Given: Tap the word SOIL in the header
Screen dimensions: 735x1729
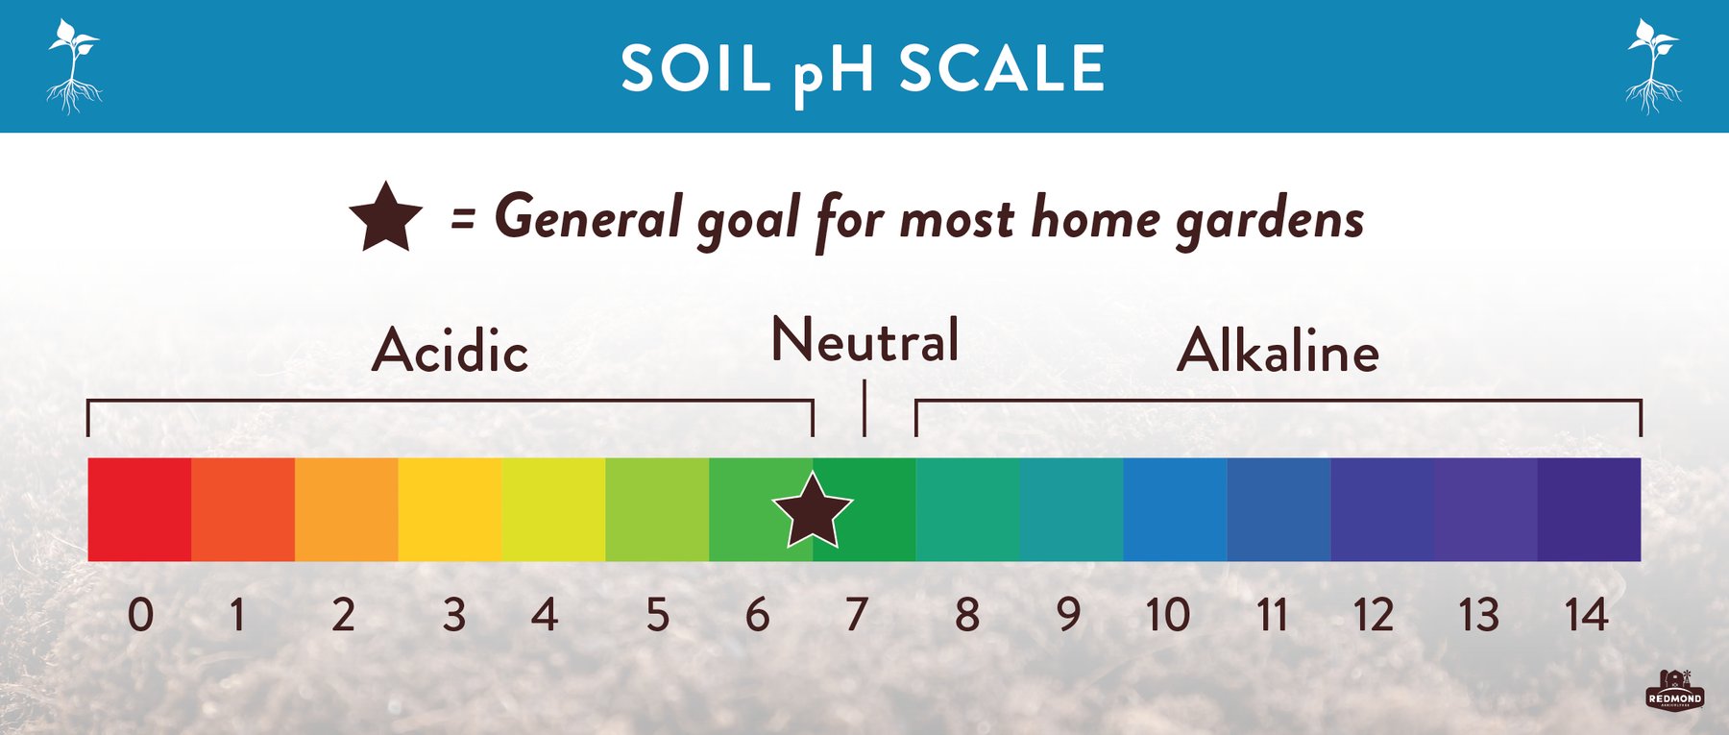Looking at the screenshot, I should coord(695,69).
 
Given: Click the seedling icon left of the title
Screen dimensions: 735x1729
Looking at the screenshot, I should coord(73,65).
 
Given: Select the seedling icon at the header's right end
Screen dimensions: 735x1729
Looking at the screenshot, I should coord(1653,65).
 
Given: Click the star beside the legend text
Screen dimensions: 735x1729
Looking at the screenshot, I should coord(385,218).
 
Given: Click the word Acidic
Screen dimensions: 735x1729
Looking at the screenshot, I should coord(450,351).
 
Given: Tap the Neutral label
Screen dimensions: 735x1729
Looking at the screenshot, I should coord(864,340).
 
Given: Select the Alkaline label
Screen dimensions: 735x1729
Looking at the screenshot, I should coord(1278,351).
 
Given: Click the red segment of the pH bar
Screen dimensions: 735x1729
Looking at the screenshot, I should coord(139,509).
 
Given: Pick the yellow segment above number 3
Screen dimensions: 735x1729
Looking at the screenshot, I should coord(450,509).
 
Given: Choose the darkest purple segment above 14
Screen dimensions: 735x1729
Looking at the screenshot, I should coord(1589,509).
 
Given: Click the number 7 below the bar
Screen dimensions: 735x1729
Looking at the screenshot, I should coord(857,615).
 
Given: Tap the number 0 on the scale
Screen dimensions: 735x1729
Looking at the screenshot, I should coord(140,615).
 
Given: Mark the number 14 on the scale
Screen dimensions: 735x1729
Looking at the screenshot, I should coord(1586,615).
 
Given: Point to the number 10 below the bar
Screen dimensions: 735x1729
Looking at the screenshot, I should coord(1168,615).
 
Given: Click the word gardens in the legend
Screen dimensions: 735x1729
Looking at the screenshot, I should coord(1270,220).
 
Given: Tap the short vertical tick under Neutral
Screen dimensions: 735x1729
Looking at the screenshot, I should coord(864,407).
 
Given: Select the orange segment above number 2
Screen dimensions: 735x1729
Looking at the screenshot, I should coord(346,509).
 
